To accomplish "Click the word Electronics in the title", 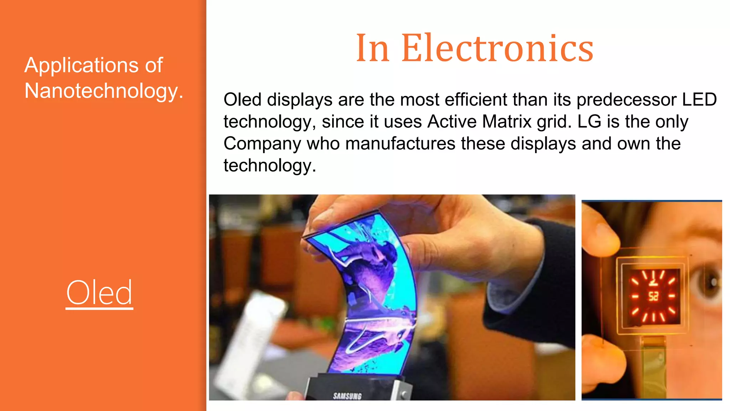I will coord(497,48).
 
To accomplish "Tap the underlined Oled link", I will coord(99,293).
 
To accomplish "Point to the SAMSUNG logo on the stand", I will coord(347,396).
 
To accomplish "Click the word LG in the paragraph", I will coord(589,122).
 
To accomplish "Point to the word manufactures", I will coord(400,144).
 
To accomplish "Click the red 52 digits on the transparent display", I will coord(653,296).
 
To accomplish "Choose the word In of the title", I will coord(372,48).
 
